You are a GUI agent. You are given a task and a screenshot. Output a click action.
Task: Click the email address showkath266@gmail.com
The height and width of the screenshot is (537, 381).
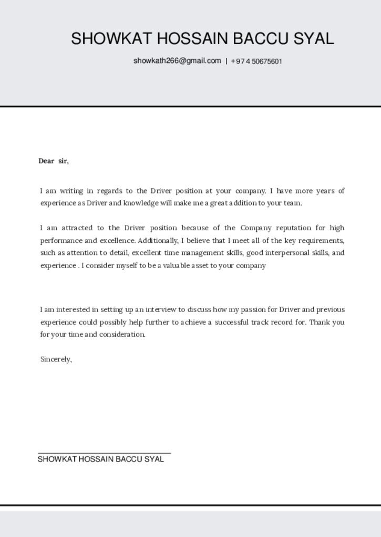(x=177, y=61)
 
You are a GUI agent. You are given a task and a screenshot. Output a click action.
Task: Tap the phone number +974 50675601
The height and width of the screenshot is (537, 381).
(x=256, y=61)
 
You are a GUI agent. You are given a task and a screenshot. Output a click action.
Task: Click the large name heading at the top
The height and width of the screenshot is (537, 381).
(x=202, y=39)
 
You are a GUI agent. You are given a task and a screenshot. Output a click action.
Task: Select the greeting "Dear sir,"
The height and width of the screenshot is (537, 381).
(x=54, y=161)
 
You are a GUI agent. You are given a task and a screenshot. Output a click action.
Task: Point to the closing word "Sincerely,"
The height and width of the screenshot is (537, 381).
(x=56, y=359)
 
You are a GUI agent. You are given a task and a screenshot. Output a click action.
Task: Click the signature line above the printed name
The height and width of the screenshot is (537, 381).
(x=104, y=453)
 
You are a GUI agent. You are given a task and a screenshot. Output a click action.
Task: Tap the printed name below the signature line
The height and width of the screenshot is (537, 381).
(x=101, y=459)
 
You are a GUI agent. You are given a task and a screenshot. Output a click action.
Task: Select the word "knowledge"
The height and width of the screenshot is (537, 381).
(x=141, y=203)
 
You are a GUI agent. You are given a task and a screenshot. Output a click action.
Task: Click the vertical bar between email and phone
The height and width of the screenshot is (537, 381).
(x=226, y=61)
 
